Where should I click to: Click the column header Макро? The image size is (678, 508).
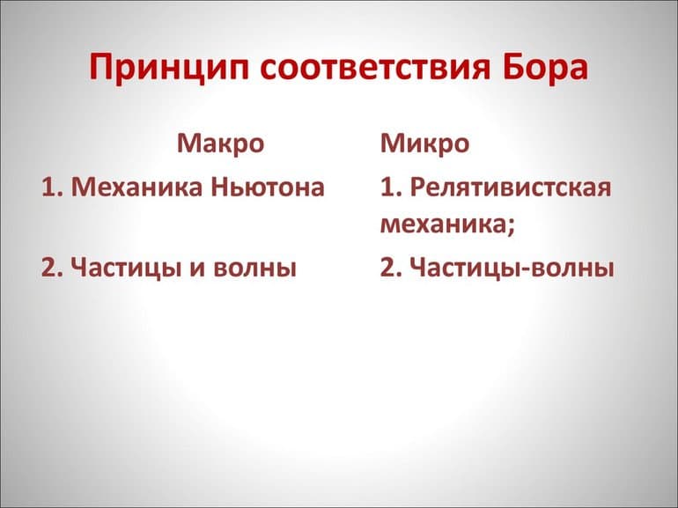click(x=220, y=143)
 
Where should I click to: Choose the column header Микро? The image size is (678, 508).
click(x=424, y=143)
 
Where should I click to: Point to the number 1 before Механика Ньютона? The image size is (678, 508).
click(x=49, y=188)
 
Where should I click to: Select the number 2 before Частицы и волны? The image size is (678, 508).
click(x=49, y=267)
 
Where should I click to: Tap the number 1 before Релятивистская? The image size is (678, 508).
click(x=387, y=188)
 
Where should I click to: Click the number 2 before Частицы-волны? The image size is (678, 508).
click(x=387, y=267)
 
